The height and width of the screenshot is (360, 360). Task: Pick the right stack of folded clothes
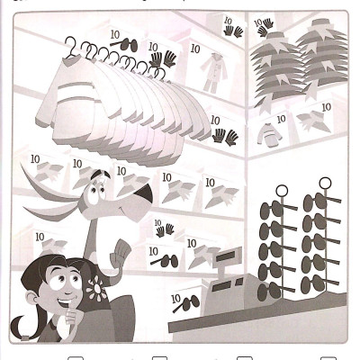pyautogui.click(x=323, y=67)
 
